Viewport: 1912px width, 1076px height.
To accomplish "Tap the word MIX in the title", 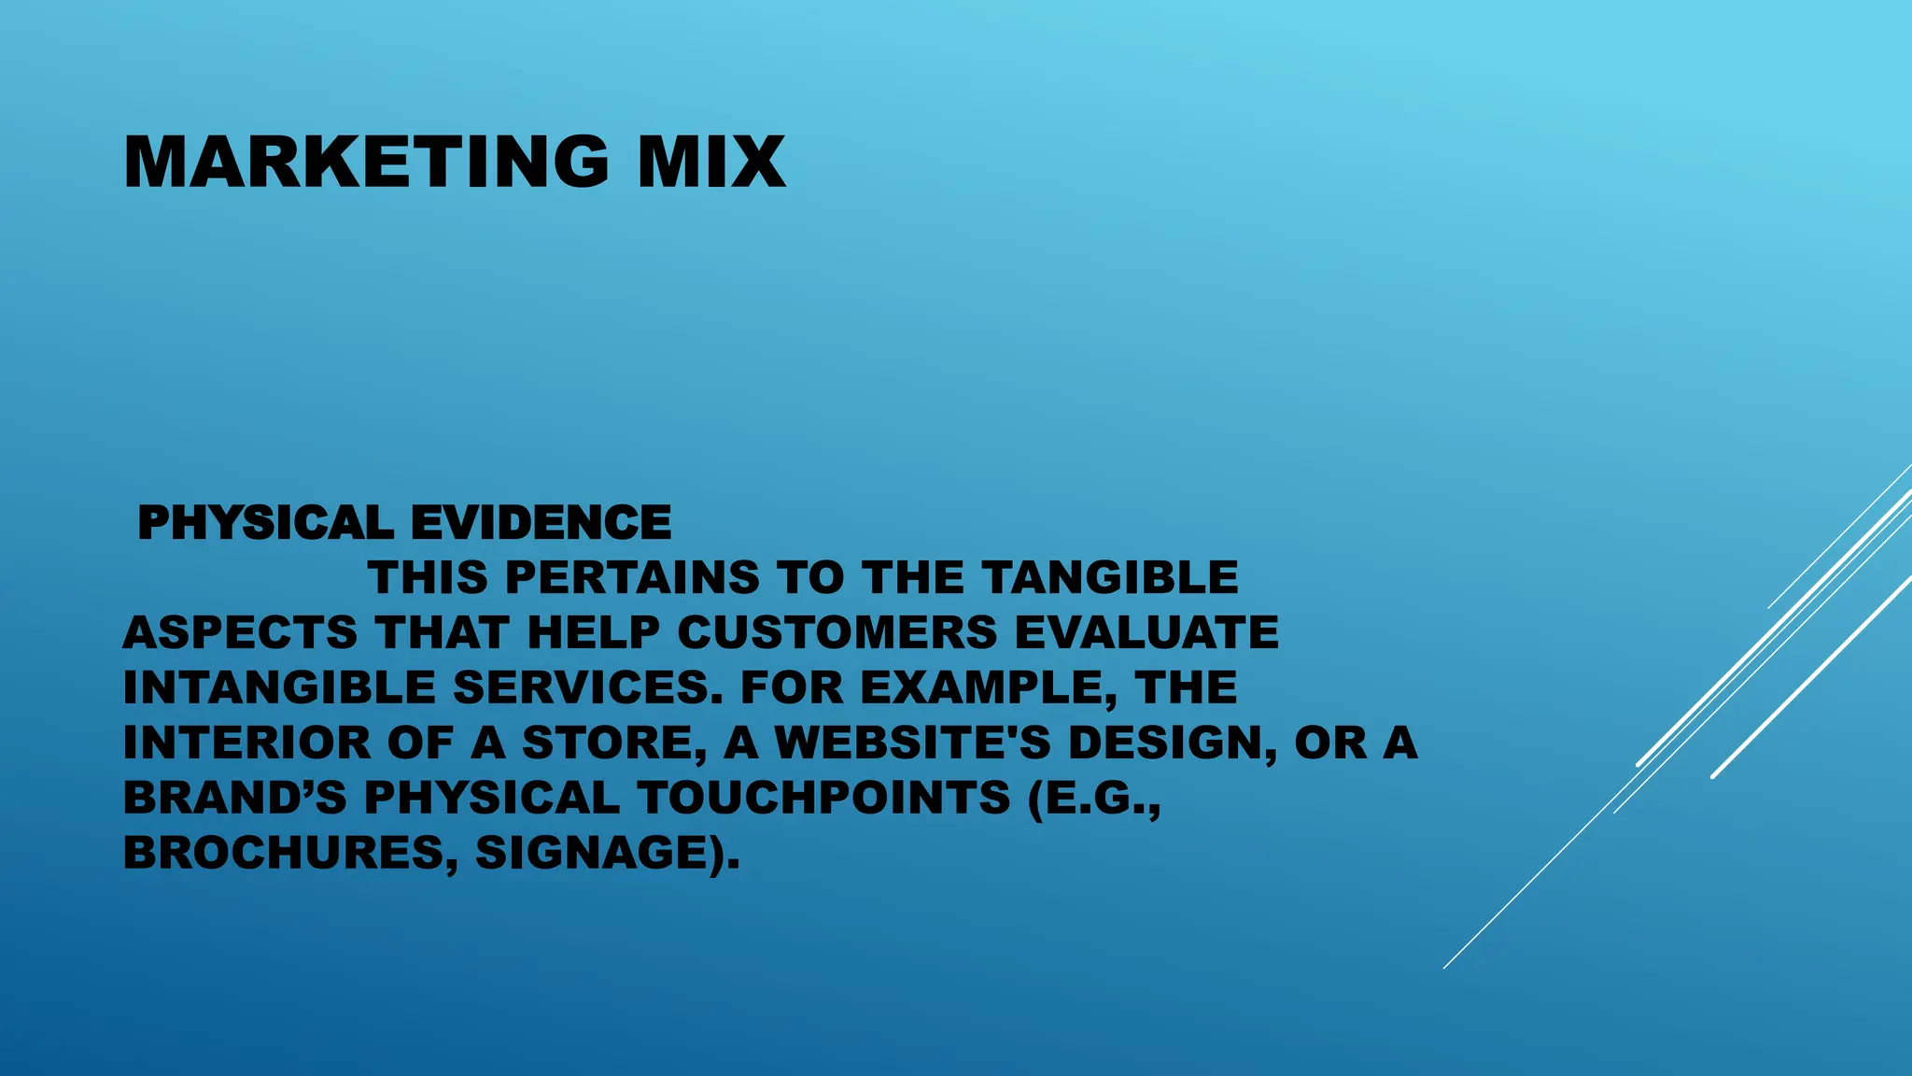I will click(711, 163).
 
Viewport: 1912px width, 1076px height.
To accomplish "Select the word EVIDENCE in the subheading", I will click(541, 522).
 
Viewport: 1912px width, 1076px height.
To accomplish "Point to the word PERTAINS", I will click(632, 577).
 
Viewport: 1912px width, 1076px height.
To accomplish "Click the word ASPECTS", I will click(240, 632).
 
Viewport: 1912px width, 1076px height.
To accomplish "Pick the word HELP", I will click(594, 632).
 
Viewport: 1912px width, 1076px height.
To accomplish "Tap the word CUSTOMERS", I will click(837, 632).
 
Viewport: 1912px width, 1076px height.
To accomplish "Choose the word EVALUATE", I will click(1146, 632).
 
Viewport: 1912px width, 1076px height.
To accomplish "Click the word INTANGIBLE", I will click(279, 687).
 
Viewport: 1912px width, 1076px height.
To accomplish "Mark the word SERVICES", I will click(588, 687).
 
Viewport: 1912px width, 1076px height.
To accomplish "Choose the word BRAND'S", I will click(234, 798).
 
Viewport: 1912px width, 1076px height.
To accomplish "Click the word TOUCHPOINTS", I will click(824, 798).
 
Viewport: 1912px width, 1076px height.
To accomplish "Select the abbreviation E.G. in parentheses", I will click(1094, 798).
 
